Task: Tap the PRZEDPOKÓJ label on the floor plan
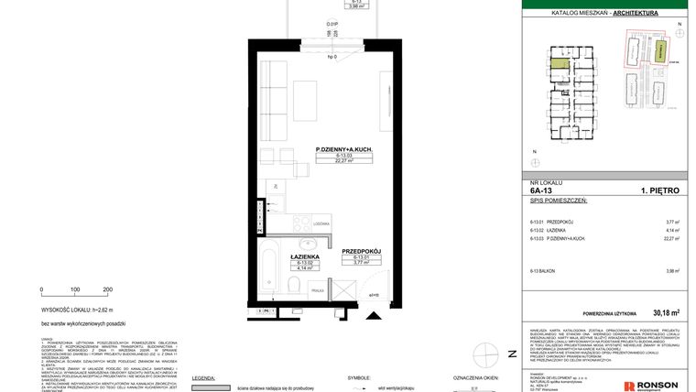(x=361, y=250)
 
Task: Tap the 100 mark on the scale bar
(x=75, y=289)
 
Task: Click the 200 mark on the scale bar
(x=107, y=289)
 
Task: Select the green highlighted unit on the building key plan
(x=558, y=66)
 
